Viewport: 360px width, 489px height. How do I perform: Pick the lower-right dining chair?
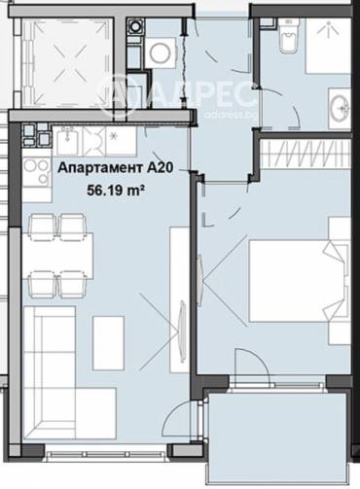(73, 283)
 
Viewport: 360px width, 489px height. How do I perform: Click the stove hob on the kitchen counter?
(38, 173)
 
